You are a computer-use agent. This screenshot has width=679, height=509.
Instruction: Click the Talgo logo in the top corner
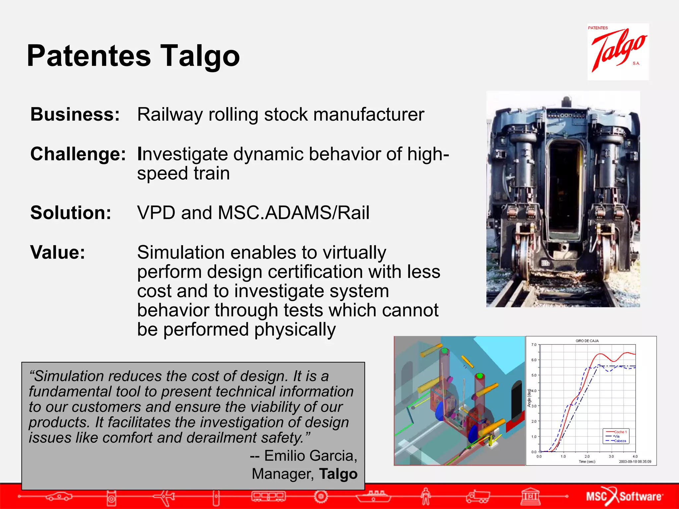coord(618,51)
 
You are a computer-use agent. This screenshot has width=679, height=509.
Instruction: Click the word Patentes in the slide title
coord(89,56)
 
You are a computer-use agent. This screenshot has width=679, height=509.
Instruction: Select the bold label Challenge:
coord(78,154)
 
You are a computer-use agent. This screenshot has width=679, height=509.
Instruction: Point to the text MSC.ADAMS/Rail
coord(293,213)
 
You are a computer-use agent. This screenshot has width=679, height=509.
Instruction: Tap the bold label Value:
coord(58,253)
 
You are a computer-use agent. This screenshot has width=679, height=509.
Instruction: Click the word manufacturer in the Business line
coord(368,115)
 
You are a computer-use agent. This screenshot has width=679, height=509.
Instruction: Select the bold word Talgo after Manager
coord(338,474)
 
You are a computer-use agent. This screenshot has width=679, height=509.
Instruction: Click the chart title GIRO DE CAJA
coord(587,341)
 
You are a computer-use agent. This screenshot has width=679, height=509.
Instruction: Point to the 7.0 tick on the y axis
coord(534,345)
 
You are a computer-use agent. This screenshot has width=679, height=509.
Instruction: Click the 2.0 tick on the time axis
coord(587,457)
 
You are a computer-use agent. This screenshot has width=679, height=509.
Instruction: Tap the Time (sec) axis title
coord(587,462)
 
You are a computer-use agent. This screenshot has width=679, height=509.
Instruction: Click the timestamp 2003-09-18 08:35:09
coord(635,462)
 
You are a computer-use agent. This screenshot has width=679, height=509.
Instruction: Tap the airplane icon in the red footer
coord(164,496)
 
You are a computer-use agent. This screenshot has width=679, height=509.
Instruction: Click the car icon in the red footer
coord(59,496)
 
